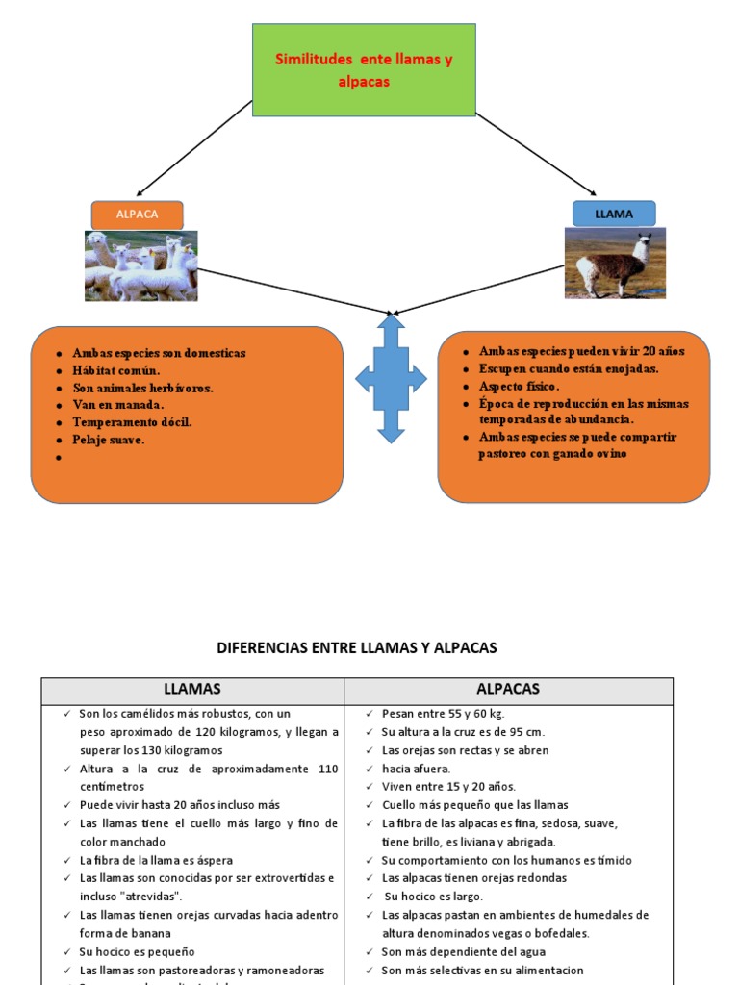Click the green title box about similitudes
click(364, 70)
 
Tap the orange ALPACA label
click(137, 215)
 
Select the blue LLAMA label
click(614, 214)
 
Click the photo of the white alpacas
click(140, 265)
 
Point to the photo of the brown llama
click(614, 263)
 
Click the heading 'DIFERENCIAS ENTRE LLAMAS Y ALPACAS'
click(357, 648)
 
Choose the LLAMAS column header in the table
click(192, 689)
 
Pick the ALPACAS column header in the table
click(508, 689)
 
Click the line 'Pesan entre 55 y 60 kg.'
click(443, 714)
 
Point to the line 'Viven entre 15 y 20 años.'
click(448, 786)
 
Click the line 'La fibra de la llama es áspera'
click(156, 860)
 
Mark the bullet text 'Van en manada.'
click(117, 405)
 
